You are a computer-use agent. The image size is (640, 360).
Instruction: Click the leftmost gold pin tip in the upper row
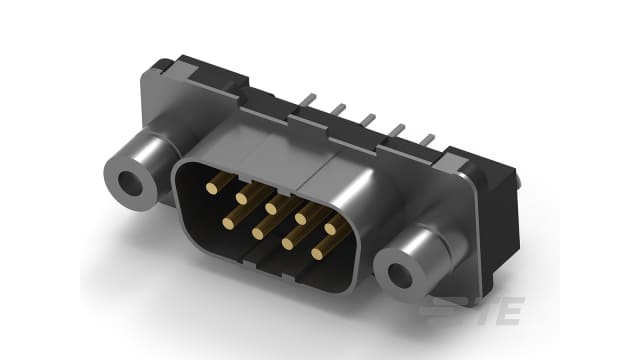pyautogui.click(x=212, y=186)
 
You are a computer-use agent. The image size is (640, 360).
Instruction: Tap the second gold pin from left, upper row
pyautogui.click(x=241, y=198)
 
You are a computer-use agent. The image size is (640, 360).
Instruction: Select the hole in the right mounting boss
pyautogui.click(x=405, y=270)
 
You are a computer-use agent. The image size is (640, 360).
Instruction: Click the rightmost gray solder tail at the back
pyautogui.click(x=430, y=142)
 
